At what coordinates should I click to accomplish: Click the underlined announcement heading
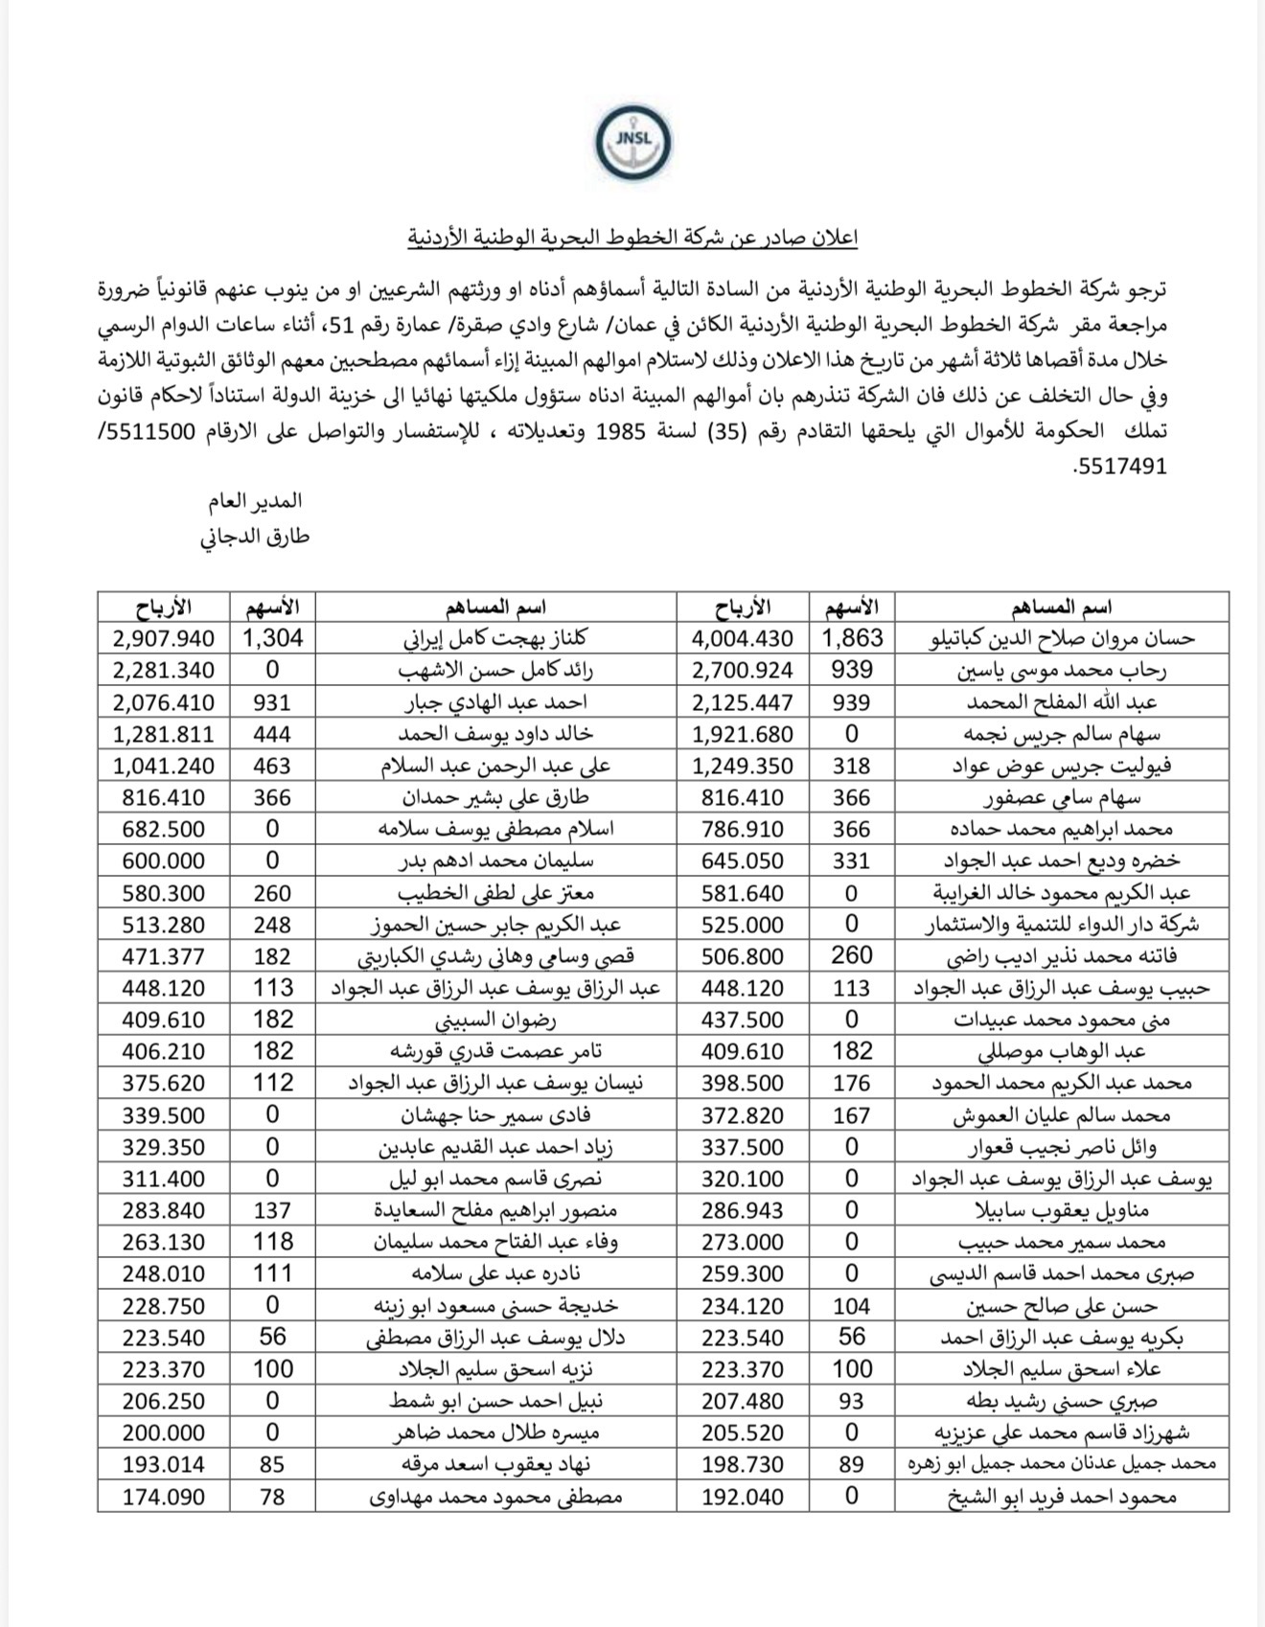tap(632, 238)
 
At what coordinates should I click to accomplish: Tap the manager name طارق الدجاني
tap(255, 537)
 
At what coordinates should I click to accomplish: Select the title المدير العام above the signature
tap(256, 501)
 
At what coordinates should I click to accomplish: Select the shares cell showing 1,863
tap(851, 638)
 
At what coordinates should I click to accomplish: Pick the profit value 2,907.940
tap(164, 638)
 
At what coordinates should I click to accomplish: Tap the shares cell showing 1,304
tap(272, 638)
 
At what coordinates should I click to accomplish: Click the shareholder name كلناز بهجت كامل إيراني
tap(495, 638)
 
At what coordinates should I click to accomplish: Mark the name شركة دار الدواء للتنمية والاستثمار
tap(1061, 925)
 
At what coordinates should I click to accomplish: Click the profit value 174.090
tap(164, 1497)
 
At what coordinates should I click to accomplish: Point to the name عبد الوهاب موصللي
tap(1061, 1052)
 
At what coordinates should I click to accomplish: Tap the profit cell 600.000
tap(164, 861)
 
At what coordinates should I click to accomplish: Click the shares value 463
tap(272, 766)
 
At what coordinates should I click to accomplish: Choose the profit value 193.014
tap(164, 1465)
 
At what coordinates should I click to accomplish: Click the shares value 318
tap(851, 766)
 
